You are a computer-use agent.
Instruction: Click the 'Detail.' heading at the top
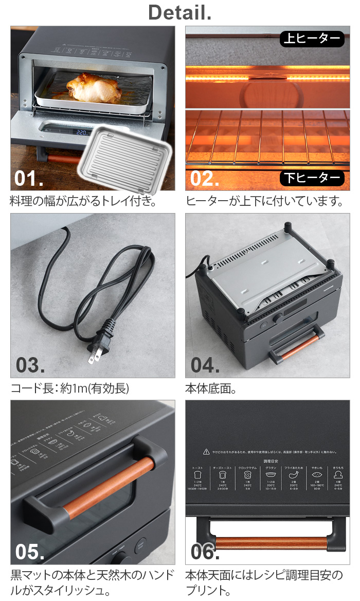pyautogui.click(x=179, y=12)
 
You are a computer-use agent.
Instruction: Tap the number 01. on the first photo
pyautogui.click(x=29, y=178)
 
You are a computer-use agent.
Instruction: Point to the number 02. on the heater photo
pyautogui.click(x=205, y=178)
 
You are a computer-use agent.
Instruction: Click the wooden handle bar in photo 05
pyautogui.click(x=108, y=486)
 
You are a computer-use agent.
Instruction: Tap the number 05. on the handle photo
pyautogui.click(x=29, y=552)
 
